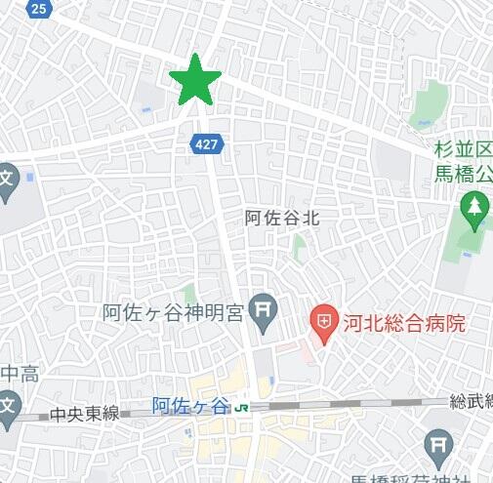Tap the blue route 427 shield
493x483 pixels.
206,142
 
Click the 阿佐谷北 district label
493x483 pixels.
282,219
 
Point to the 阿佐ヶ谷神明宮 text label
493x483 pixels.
172,313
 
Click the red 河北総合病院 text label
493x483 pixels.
399,320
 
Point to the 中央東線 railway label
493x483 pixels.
86,413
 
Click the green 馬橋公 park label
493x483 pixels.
464,176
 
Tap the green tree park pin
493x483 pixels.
474,208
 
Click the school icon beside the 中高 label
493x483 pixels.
6,404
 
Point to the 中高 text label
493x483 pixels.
21,374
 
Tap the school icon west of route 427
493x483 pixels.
5,181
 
